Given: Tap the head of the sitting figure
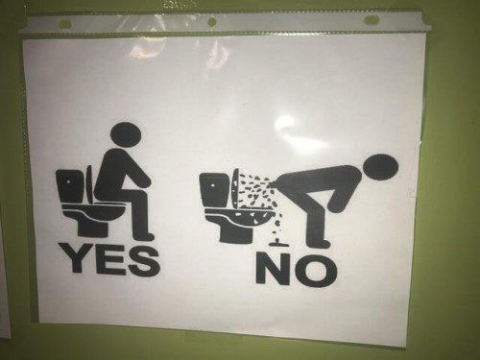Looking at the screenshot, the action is click(x=127, y=135).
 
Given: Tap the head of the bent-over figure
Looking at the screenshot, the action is click(x=381, y=169).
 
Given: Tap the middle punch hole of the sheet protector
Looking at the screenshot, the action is click(x=211, y=22).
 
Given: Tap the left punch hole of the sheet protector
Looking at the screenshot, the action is click(x=65, y=23).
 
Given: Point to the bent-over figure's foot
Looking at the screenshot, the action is click(x=320, y=244).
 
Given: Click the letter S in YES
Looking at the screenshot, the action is click(x=140, y=259).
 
